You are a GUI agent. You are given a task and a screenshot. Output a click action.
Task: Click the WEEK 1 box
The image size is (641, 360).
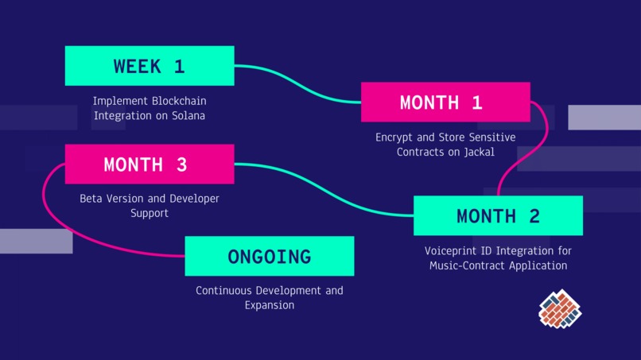click(x=150, y=66)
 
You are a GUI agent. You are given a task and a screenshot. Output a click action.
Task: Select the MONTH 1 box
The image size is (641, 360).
click(x=445, y=103)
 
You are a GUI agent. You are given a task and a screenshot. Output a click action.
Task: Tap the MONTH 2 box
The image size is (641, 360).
click(x=498, y=215)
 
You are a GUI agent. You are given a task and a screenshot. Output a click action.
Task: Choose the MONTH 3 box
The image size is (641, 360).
click(x=150, y=165)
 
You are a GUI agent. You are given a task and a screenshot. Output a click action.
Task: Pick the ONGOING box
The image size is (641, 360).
click(x=270, y=256)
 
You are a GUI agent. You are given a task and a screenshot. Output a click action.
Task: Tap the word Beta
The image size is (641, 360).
click(x=91, y=198)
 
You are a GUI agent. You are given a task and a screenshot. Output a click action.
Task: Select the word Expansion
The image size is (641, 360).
click(x=270, y=305)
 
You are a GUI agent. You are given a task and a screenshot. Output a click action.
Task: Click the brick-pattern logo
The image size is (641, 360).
click(x=560, y=308)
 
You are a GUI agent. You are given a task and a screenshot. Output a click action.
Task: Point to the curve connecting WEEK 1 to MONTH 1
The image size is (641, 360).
click(x=298, y=83)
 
